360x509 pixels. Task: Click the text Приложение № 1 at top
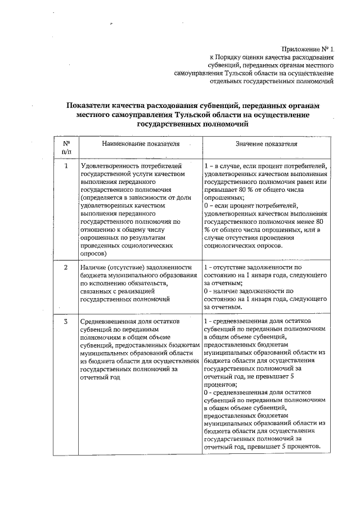[x=306, y=49]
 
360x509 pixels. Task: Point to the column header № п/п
[x=66, y=147]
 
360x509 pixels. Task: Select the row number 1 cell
[x=66, y=166]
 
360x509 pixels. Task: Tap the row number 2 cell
[x=66, y=267]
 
